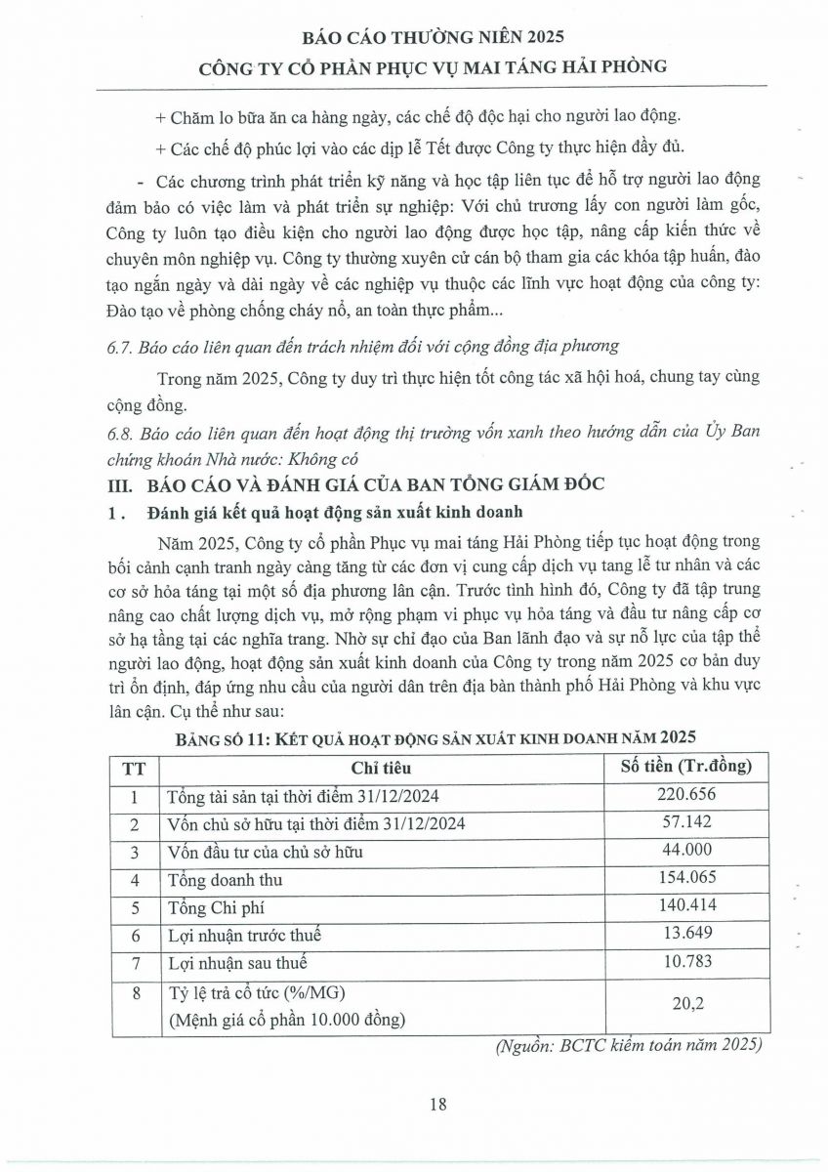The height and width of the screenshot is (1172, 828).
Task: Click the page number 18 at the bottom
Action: point(437,1105)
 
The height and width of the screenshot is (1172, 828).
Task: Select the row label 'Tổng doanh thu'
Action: point(222,879)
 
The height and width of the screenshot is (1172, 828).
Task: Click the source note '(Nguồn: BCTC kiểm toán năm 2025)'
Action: point(629,1045)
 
